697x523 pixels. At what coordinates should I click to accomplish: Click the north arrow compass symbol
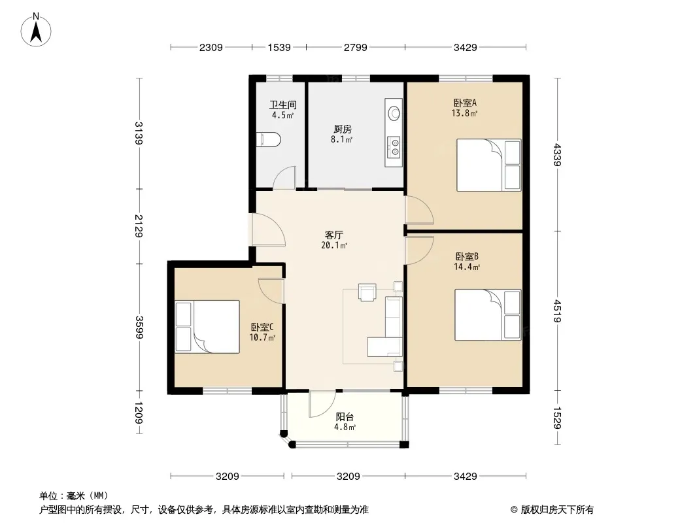coord(36,30)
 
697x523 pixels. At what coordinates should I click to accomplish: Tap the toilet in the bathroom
coord(269,139)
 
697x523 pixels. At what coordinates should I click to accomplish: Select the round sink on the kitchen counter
coord(394,113)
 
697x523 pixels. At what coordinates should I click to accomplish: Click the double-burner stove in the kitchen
coord(394,147)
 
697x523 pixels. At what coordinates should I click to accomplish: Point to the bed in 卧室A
coord(489,165)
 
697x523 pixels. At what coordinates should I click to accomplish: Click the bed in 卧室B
coord(488,314)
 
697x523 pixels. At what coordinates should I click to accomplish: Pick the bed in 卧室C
coord(207,327)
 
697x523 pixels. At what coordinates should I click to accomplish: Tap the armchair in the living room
coord(367,292)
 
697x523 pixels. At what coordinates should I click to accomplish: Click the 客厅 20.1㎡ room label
coord(334,240)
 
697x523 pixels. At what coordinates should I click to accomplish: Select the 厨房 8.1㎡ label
coord(342,134)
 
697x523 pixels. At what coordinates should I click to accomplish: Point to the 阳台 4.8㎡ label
coord(345,422)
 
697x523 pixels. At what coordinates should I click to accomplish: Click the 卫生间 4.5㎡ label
coord(282,110)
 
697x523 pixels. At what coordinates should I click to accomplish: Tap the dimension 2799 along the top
coord(355,47)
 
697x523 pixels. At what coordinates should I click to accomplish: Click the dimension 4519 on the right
coord(558,311)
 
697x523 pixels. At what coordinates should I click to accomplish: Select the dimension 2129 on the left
coord(139,226)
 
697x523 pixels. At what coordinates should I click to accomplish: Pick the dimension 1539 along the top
coord(279,47)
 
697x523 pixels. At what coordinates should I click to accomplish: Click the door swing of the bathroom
coord(284,178)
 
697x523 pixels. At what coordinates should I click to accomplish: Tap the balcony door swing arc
coord(322,404)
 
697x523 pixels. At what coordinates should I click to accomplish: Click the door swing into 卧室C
coord(271,291)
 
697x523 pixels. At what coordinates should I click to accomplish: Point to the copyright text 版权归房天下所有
coord(557,510)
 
